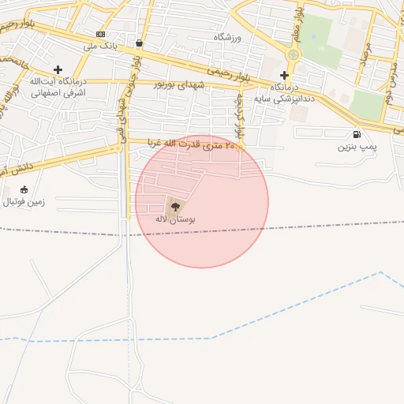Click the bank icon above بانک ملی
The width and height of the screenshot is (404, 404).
(100, 34)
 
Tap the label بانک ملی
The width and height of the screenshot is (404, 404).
(100, 46)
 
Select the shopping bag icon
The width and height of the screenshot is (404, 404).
(140, 43)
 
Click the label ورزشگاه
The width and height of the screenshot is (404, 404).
(230, 37)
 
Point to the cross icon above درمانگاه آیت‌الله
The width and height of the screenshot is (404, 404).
(58, 69)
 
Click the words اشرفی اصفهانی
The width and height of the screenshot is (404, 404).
(58, 92)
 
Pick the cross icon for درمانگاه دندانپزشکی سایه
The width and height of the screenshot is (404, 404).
(285, 76)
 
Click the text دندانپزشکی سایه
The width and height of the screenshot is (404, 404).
(285, 99)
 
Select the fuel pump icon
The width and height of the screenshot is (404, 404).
(357, 134)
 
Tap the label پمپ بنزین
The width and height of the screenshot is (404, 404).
(357, 147)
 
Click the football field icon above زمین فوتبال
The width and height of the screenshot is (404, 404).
(24, 189)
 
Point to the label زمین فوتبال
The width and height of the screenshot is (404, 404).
(24, 202)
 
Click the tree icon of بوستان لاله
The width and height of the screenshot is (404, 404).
(174, 205)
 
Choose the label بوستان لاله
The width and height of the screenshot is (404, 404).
(174, 219)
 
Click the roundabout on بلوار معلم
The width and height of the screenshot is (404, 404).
(294, 55)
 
